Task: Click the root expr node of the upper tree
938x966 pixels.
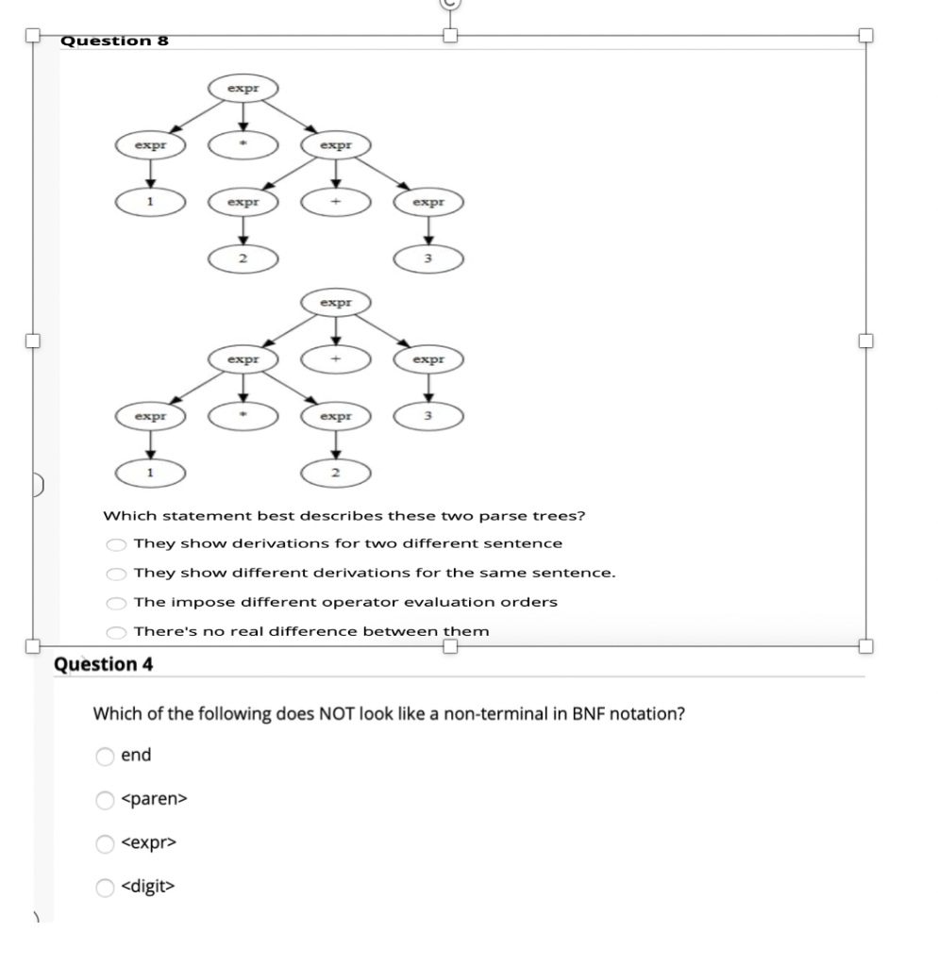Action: click(x=243, y=90)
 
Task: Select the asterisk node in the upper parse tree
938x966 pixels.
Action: click(x=243, y=146)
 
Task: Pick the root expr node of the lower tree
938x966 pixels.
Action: click(x=335, y=304)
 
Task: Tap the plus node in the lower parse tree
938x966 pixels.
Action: click(x=335, y=359)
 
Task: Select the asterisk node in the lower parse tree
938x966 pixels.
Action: click(x=243, y=415)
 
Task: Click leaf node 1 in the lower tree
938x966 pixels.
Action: click(x=150, y=471)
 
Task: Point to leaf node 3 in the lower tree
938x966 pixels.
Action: click(x=427, y=415)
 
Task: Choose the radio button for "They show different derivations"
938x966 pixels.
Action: click(x=116, y=574)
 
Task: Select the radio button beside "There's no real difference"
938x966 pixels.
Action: click(x=116, y=632)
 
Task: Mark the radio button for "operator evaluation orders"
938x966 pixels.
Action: click(x=116, y=603)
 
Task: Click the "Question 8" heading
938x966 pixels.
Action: click(x=113, y=41)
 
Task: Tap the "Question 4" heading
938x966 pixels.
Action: click(x=104, y=664)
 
